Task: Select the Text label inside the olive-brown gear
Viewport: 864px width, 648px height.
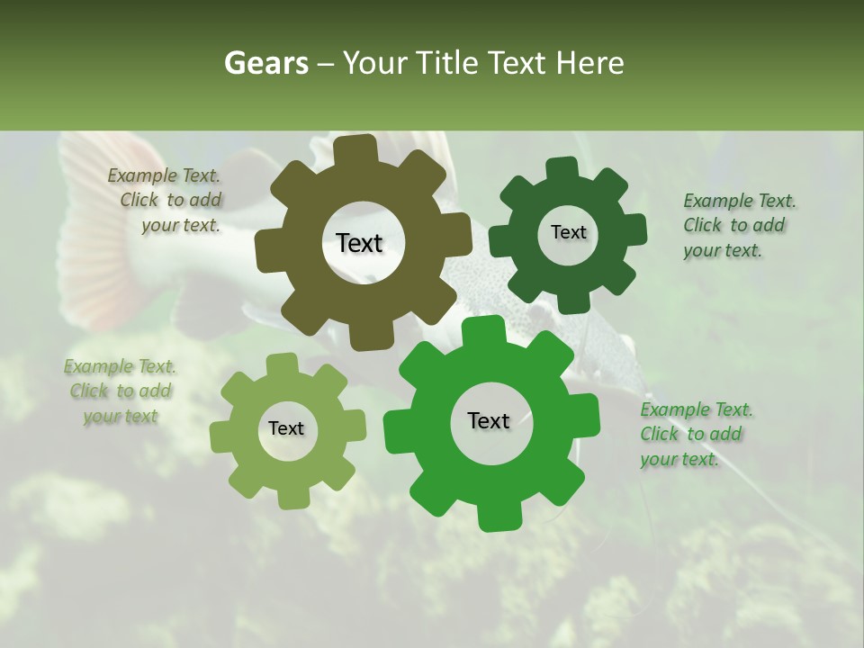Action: [x=359, y=243]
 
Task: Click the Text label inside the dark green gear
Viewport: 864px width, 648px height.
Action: [x=568, y=232]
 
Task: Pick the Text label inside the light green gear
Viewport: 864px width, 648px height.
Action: [x=286, y=428]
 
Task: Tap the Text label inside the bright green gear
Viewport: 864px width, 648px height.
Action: [x=489, y=420]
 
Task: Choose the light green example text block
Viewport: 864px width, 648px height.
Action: [x=121, y=391]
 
